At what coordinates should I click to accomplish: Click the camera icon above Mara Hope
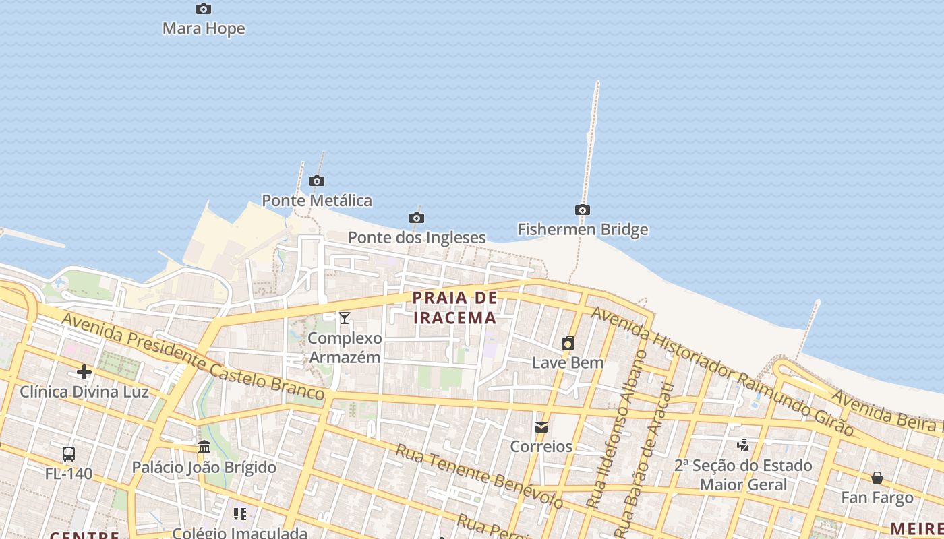pos(204,9)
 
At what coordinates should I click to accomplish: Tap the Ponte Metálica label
pos(316,200)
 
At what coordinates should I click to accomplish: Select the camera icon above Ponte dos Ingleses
pos(417,218)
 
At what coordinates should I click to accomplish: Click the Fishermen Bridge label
pos(583,229)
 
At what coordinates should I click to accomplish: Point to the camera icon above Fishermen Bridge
pos(583,210)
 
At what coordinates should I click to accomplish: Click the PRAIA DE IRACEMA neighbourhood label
pos(454,307)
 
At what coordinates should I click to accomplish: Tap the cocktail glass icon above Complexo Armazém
pos(345,317)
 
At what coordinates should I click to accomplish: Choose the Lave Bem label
pos(568,362)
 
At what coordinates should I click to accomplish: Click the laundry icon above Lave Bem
pos(568,343)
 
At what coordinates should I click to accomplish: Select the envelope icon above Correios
pos(541,426)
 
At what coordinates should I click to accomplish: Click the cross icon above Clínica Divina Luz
pos(84,371)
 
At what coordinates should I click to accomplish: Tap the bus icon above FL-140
pos(69,453)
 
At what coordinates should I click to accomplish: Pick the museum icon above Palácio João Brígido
pos(204,447)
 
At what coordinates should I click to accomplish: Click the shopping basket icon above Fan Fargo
pos(877,478)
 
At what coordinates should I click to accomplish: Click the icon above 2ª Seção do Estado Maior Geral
pos(742,445)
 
